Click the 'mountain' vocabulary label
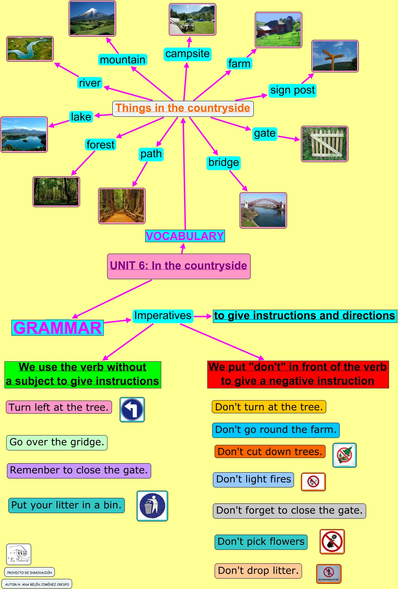point(122,60)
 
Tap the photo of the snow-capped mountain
point(92,18)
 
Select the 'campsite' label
point(187,54)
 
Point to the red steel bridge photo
point(263,210)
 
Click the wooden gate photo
point(325,144)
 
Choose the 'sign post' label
point(293,90)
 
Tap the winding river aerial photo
point(30,49)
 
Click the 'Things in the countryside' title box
point(183,108)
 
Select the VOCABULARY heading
point(185,236)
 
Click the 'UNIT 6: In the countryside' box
point(179,266)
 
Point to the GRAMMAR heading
point(58,328)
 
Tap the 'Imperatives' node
point(163,316)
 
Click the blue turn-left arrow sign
point(132,410)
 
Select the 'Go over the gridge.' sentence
point(57,442)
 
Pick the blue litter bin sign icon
point(152,506)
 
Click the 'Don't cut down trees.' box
point(270,452)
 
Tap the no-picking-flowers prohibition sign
point(332,542)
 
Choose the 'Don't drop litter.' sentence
point(258,571)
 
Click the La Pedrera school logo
point(19,554)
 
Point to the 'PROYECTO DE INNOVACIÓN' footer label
point(29,572)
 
